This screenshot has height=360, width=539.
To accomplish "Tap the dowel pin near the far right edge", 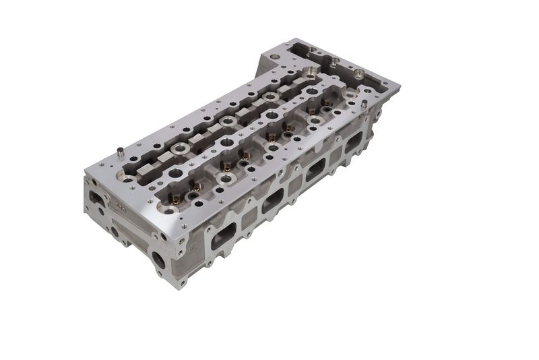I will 364,104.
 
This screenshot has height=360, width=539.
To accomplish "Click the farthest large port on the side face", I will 353,144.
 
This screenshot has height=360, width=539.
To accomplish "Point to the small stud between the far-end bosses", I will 334,61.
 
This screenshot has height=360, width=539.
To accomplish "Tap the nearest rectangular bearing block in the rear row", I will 144,173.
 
